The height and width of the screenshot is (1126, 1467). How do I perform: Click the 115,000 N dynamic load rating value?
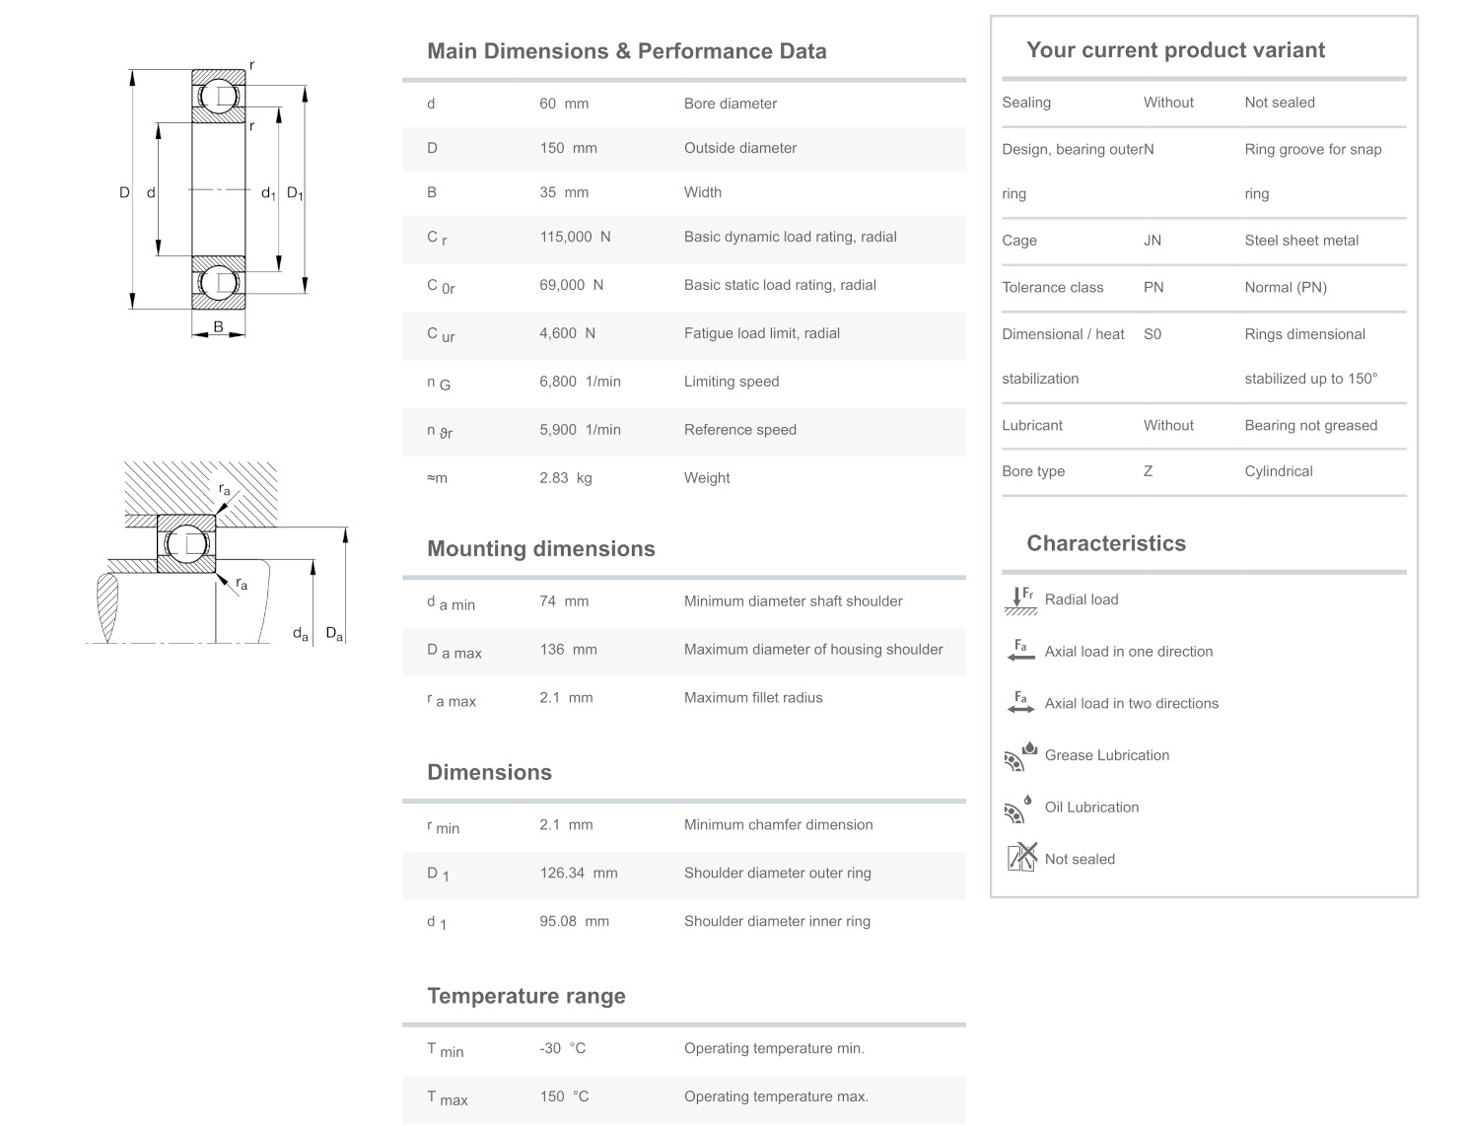[575, 237]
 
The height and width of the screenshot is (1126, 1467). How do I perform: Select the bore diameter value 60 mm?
[563, 104]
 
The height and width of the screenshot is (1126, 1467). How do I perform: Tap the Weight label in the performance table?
[707, 478]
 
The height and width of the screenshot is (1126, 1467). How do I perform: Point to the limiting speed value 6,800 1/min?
[580, 382]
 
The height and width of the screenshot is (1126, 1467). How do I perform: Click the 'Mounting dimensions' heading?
[540, 549]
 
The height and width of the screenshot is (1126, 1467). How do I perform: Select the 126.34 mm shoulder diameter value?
[578, 873]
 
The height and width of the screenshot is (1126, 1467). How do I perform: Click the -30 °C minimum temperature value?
[562, 1048]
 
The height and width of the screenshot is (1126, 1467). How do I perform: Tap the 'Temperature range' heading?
[525, 996]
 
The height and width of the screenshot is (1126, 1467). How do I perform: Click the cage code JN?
[1152, 241]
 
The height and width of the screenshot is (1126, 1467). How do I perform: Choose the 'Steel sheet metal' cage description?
[1300, 241]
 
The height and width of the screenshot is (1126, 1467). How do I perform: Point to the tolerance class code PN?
[1153, 288]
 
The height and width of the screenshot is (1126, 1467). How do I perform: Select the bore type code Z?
[1148, 471]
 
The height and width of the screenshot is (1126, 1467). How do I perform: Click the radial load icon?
[1020, 599]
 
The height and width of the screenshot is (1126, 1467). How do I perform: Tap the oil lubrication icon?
[1018, 808]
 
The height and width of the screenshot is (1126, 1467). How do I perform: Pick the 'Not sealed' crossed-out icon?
[1021, 858]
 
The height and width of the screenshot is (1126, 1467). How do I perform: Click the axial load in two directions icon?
[1020, 703]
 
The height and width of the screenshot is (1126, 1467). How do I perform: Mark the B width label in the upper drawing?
[218, 326]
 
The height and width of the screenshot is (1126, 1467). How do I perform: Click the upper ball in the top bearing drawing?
[218, 97]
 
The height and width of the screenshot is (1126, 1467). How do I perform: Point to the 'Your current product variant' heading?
[1175, 50]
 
